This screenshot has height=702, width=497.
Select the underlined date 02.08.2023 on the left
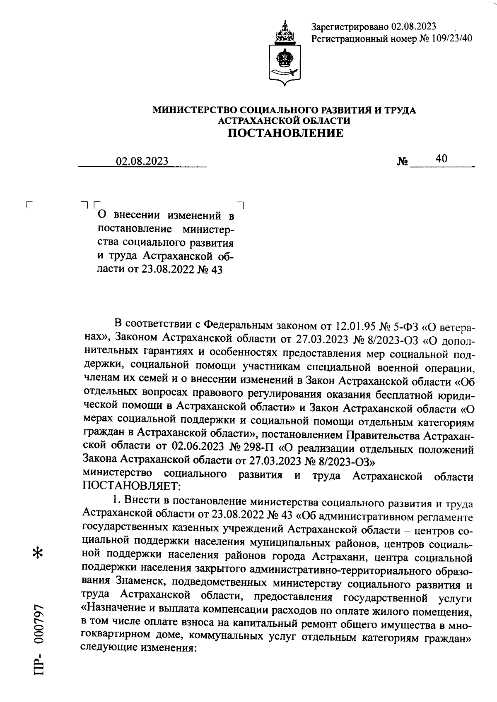[142, 161]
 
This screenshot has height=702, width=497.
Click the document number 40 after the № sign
[441, 158]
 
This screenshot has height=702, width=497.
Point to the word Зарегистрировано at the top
[349, 27]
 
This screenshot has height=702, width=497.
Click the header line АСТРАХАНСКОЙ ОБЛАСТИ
[285, 120]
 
